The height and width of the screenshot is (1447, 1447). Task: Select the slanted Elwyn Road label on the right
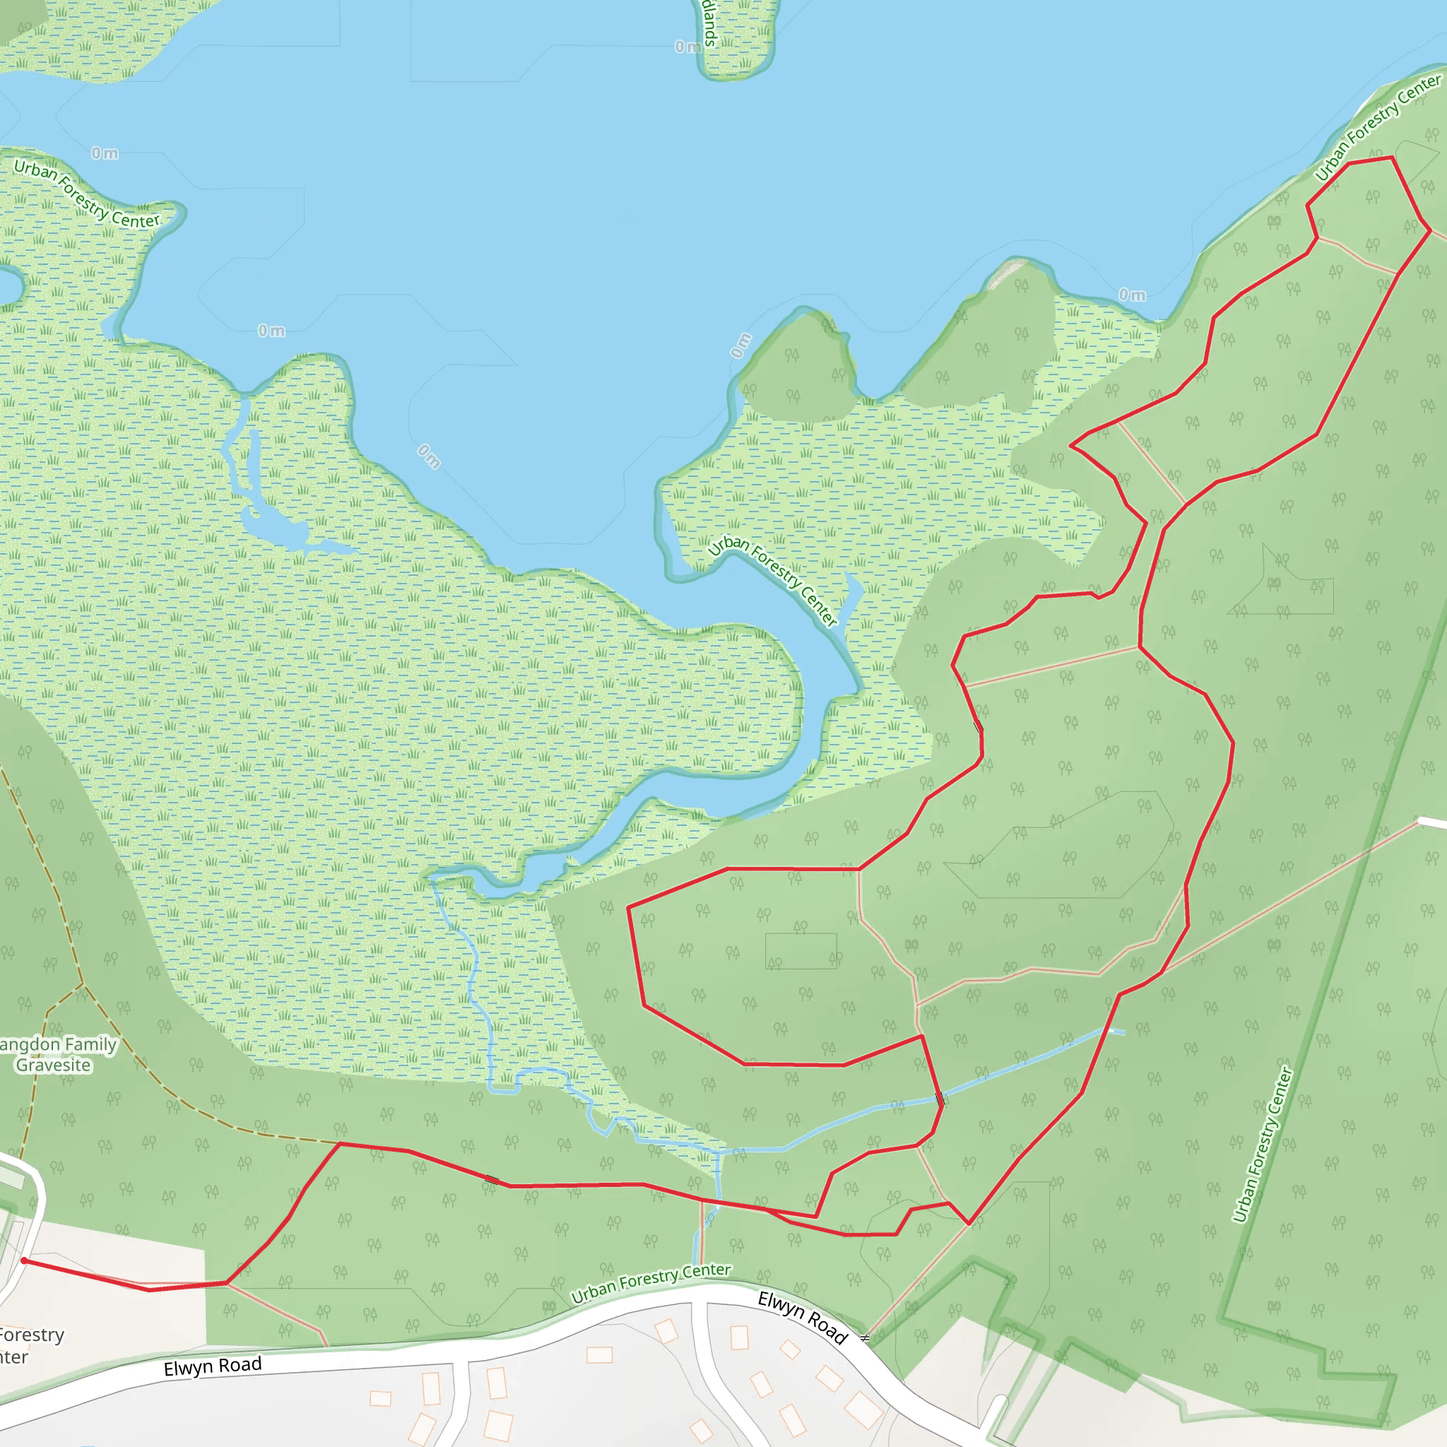point(802,1318)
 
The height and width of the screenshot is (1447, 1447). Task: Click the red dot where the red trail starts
point(24,1260)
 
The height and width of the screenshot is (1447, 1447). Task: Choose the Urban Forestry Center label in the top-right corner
point(1378,126)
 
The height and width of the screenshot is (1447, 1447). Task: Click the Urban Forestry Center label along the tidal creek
point(772,579)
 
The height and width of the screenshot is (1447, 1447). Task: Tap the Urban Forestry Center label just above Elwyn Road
point(651,1282)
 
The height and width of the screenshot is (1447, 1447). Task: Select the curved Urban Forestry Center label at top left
point(87,193)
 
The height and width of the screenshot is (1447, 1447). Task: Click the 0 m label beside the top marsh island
point(688,47)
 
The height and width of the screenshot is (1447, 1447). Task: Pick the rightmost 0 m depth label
point(1132,295)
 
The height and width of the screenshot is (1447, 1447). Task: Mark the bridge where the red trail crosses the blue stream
point(940,1099)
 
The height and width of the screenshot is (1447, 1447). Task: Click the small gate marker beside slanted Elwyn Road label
point(864,1337)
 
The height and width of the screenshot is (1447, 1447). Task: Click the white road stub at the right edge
point(1433,823)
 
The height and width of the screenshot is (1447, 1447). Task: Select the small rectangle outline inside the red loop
point(801,950)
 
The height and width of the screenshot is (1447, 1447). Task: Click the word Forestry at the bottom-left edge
point(32,1335)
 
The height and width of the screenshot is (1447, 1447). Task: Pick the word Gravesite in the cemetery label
point(53,1065)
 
